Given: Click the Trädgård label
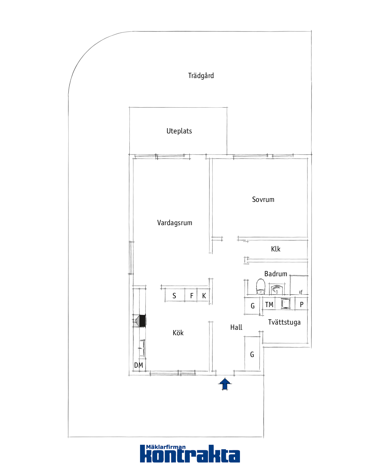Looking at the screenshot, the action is point(201,75).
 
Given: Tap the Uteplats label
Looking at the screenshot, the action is point(179,131).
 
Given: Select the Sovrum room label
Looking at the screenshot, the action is point(263,199).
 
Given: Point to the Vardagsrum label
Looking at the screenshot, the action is point(175,223).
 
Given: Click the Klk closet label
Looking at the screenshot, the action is point(275,249).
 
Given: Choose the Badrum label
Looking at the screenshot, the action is point(275,274).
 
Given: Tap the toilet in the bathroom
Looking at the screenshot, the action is point(261,287).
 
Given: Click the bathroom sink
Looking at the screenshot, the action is point(277,289).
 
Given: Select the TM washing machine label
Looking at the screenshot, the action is point(269,305).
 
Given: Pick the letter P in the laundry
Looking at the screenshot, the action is point(302,305).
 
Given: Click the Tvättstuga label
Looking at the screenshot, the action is point(284,322).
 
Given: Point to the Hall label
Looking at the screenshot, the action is point(236,327).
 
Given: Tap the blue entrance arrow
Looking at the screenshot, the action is point(225,384).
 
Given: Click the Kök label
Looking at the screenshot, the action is point(178,333).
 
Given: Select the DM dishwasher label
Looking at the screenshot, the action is point(139,365).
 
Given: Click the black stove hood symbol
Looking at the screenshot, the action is point(142,321).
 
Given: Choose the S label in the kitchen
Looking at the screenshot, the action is point(174,296).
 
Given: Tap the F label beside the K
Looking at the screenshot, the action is point(192,296).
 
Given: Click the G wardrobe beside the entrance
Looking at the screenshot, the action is point(252,355).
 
